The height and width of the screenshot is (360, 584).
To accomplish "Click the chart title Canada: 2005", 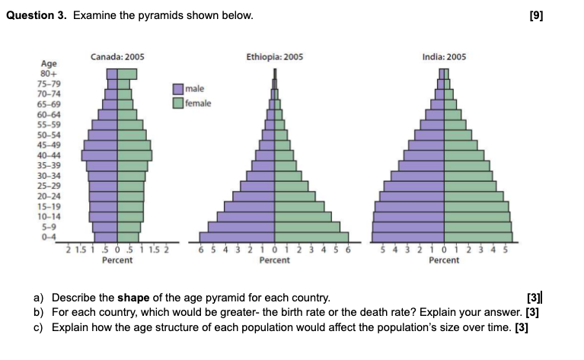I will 117,57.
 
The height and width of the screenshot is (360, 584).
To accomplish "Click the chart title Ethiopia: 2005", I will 275,57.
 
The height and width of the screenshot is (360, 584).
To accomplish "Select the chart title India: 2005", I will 444,57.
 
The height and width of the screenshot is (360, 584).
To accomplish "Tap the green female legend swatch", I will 179,103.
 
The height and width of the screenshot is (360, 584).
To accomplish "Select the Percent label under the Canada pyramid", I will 117,260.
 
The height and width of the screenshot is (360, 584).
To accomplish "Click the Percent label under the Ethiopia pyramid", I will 275,260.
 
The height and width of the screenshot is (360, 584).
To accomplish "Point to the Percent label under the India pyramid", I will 444,260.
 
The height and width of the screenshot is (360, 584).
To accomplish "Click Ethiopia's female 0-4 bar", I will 311,237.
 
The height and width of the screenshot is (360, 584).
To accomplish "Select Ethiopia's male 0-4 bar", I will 237,237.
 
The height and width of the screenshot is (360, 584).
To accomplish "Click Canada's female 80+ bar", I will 127,74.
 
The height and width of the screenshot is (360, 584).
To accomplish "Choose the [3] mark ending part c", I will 522,328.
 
